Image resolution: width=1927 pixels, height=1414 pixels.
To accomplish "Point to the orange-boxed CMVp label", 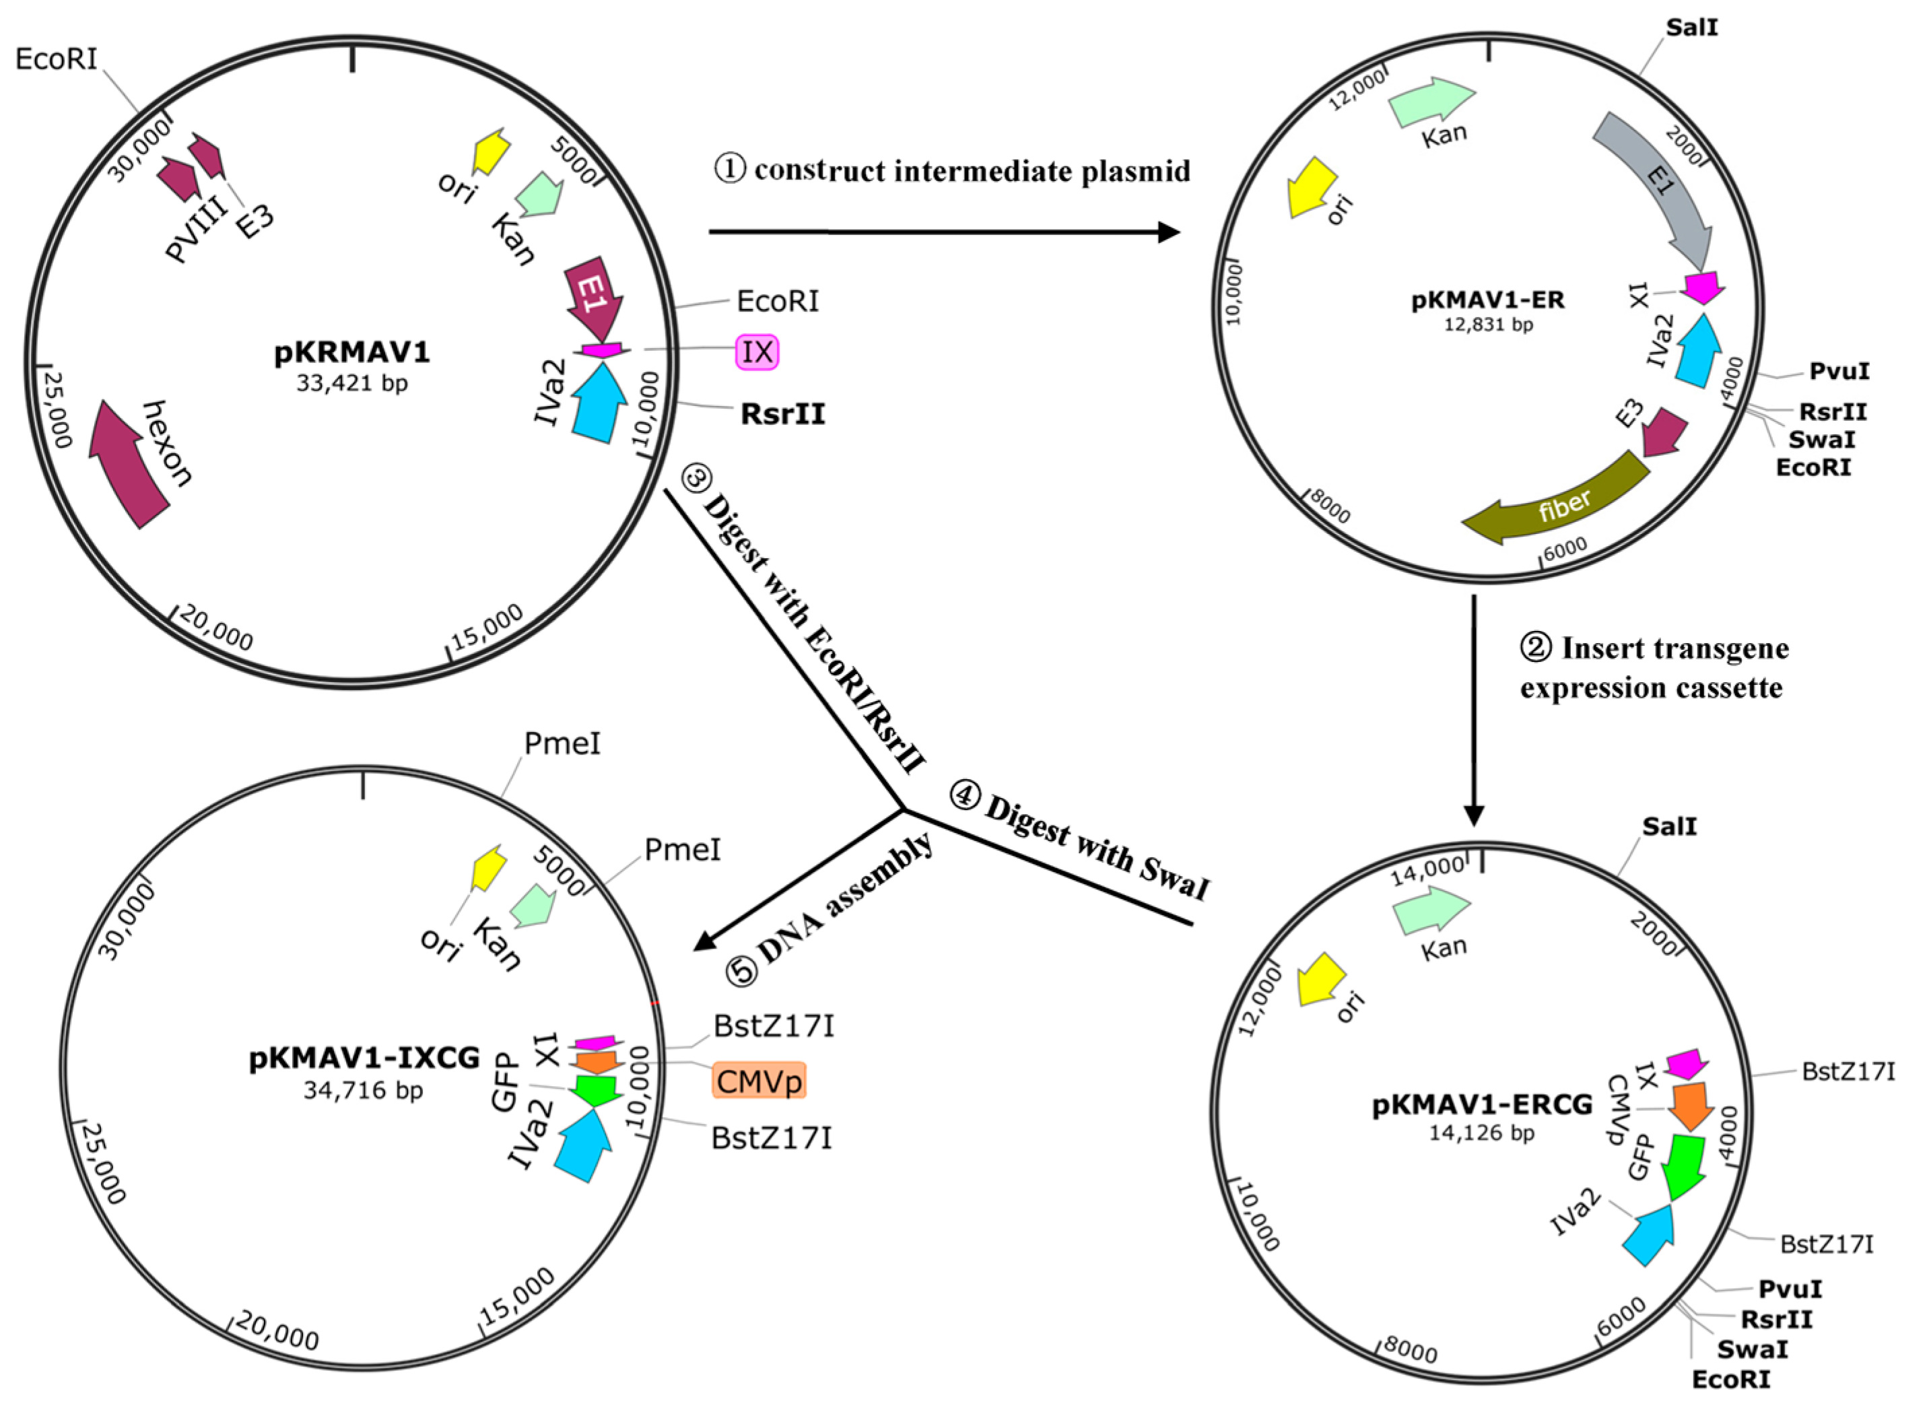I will click(759, 1081).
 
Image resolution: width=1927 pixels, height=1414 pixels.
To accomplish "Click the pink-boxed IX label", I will click(757, 351).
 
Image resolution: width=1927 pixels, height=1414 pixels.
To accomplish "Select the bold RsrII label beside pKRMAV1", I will click(783, 414).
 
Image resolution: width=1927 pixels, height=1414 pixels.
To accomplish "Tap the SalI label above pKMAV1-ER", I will click(1692, 28).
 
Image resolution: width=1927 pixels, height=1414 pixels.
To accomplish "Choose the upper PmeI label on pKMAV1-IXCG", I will click(562, 744).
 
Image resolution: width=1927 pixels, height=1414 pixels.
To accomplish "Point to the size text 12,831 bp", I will click(1488, 325).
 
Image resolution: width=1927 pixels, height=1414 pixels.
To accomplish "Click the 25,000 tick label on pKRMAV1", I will click(57, 409).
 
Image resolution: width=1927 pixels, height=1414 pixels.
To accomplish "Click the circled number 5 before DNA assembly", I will click(742, 971).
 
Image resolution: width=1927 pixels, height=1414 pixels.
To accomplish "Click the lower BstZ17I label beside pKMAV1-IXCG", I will click(771, 1139).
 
